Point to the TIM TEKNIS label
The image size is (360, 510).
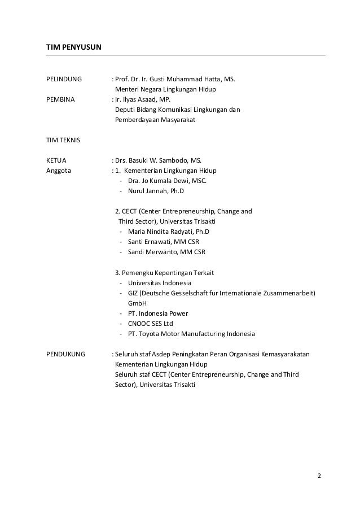click(x=63, y=140)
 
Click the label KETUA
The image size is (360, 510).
click(x=56, y=160)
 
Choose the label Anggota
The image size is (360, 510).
click(x=59, y=171)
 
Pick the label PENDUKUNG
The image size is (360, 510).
click(x=65, y=354)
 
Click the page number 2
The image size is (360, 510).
click(x=319, y=475)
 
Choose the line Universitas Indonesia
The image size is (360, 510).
click(x=159, y=283)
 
